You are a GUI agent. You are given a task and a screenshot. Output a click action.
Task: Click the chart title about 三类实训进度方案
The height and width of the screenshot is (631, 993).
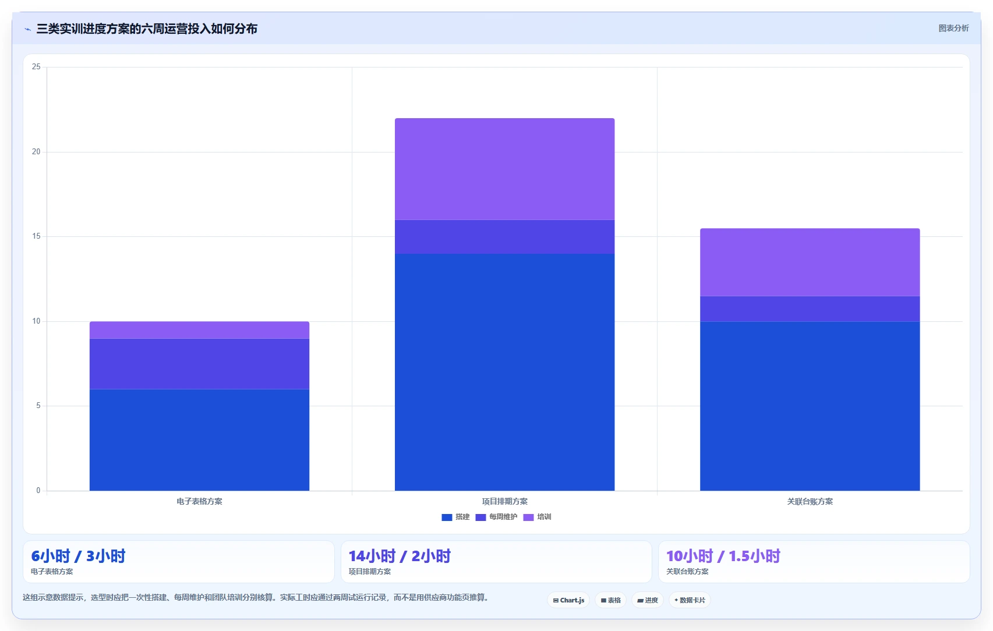point(147,29)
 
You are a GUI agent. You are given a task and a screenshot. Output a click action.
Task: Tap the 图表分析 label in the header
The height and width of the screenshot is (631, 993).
point(953,29)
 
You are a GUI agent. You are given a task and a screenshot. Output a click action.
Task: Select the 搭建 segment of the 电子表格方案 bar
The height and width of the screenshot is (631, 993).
point(200,439)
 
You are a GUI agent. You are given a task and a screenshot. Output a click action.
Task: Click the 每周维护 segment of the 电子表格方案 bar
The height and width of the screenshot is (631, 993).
point(200,364)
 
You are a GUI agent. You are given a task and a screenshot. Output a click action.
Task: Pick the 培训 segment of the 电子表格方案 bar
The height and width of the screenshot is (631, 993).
point(200,330)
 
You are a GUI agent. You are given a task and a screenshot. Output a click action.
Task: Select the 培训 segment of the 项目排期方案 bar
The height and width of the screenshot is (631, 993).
point(504,169)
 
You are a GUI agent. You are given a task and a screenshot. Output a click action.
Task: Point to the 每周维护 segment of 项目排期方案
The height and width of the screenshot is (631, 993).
point(504,236)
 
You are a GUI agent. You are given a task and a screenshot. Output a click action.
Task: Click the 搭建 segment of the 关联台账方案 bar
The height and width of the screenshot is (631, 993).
point(810,406)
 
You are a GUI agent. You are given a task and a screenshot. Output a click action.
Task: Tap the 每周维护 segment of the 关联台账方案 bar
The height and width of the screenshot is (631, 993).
point(810,309)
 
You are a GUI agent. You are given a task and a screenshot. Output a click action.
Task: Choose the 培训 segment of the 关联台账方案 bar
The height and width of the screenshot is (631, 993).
point(810,263)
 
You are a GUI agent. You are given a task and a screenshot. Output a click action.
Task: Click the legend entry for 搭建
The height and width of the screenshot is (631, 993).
point(455,517)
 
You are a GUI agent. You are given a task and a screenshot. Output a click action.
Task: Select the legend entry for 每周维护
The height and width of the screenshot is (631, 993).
point(496,517)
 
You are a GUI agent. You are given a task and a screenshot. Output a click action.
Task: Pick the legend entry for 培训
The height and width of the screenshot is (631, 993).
point(538,517)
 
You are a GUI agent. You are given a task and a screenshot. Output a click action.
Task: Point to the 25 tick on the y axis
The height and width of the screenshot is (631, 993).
point(36,67)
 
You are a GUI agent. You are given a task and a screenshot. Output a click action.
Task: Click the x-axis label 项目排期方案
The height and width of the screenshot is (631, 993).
point(504,501)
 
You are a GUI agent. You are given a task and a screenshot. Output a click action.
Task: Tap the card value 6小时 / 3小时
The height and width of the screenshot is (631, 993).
point(78,556)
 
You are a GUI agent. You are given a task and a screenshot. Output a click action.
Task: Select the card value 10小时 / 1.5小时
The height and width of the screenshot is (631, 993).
point(723,556)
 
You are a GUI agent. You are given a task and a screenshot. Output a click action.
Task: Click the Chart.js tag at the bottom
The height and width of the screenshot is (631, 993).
point(569,600)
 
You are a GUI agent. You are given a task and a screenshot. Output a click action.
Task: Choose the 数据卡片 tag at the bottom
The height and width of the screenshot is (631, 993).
point(690,600)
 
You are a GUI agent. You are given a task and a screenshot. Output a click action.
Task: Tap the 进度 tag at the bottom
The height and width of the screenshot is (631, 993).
point(648,600)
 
